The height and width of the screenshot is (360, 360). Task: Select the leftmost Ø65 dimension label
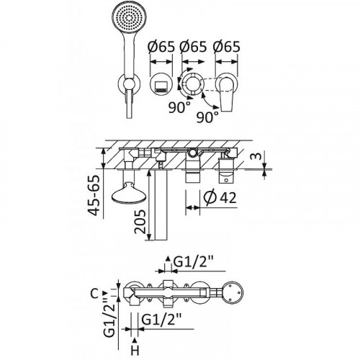(161, 47)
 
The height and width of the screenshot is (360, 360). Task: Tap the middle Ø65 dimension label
(193, 47)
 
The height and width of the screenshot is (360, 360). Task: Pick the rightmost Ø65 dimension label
(226, 47)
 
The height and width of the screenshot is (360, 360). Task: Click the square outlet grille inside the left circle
(161, 86)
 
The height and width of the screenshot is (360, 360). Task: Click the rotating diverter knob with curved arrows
(191, 84)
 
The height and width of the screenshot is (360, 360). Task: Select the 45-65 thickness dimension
(94, 195)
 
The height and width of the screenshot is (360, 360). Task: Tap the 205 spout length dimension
(140, 221)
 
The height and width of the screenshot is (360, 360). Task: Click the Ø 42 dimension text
(220, 197)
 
